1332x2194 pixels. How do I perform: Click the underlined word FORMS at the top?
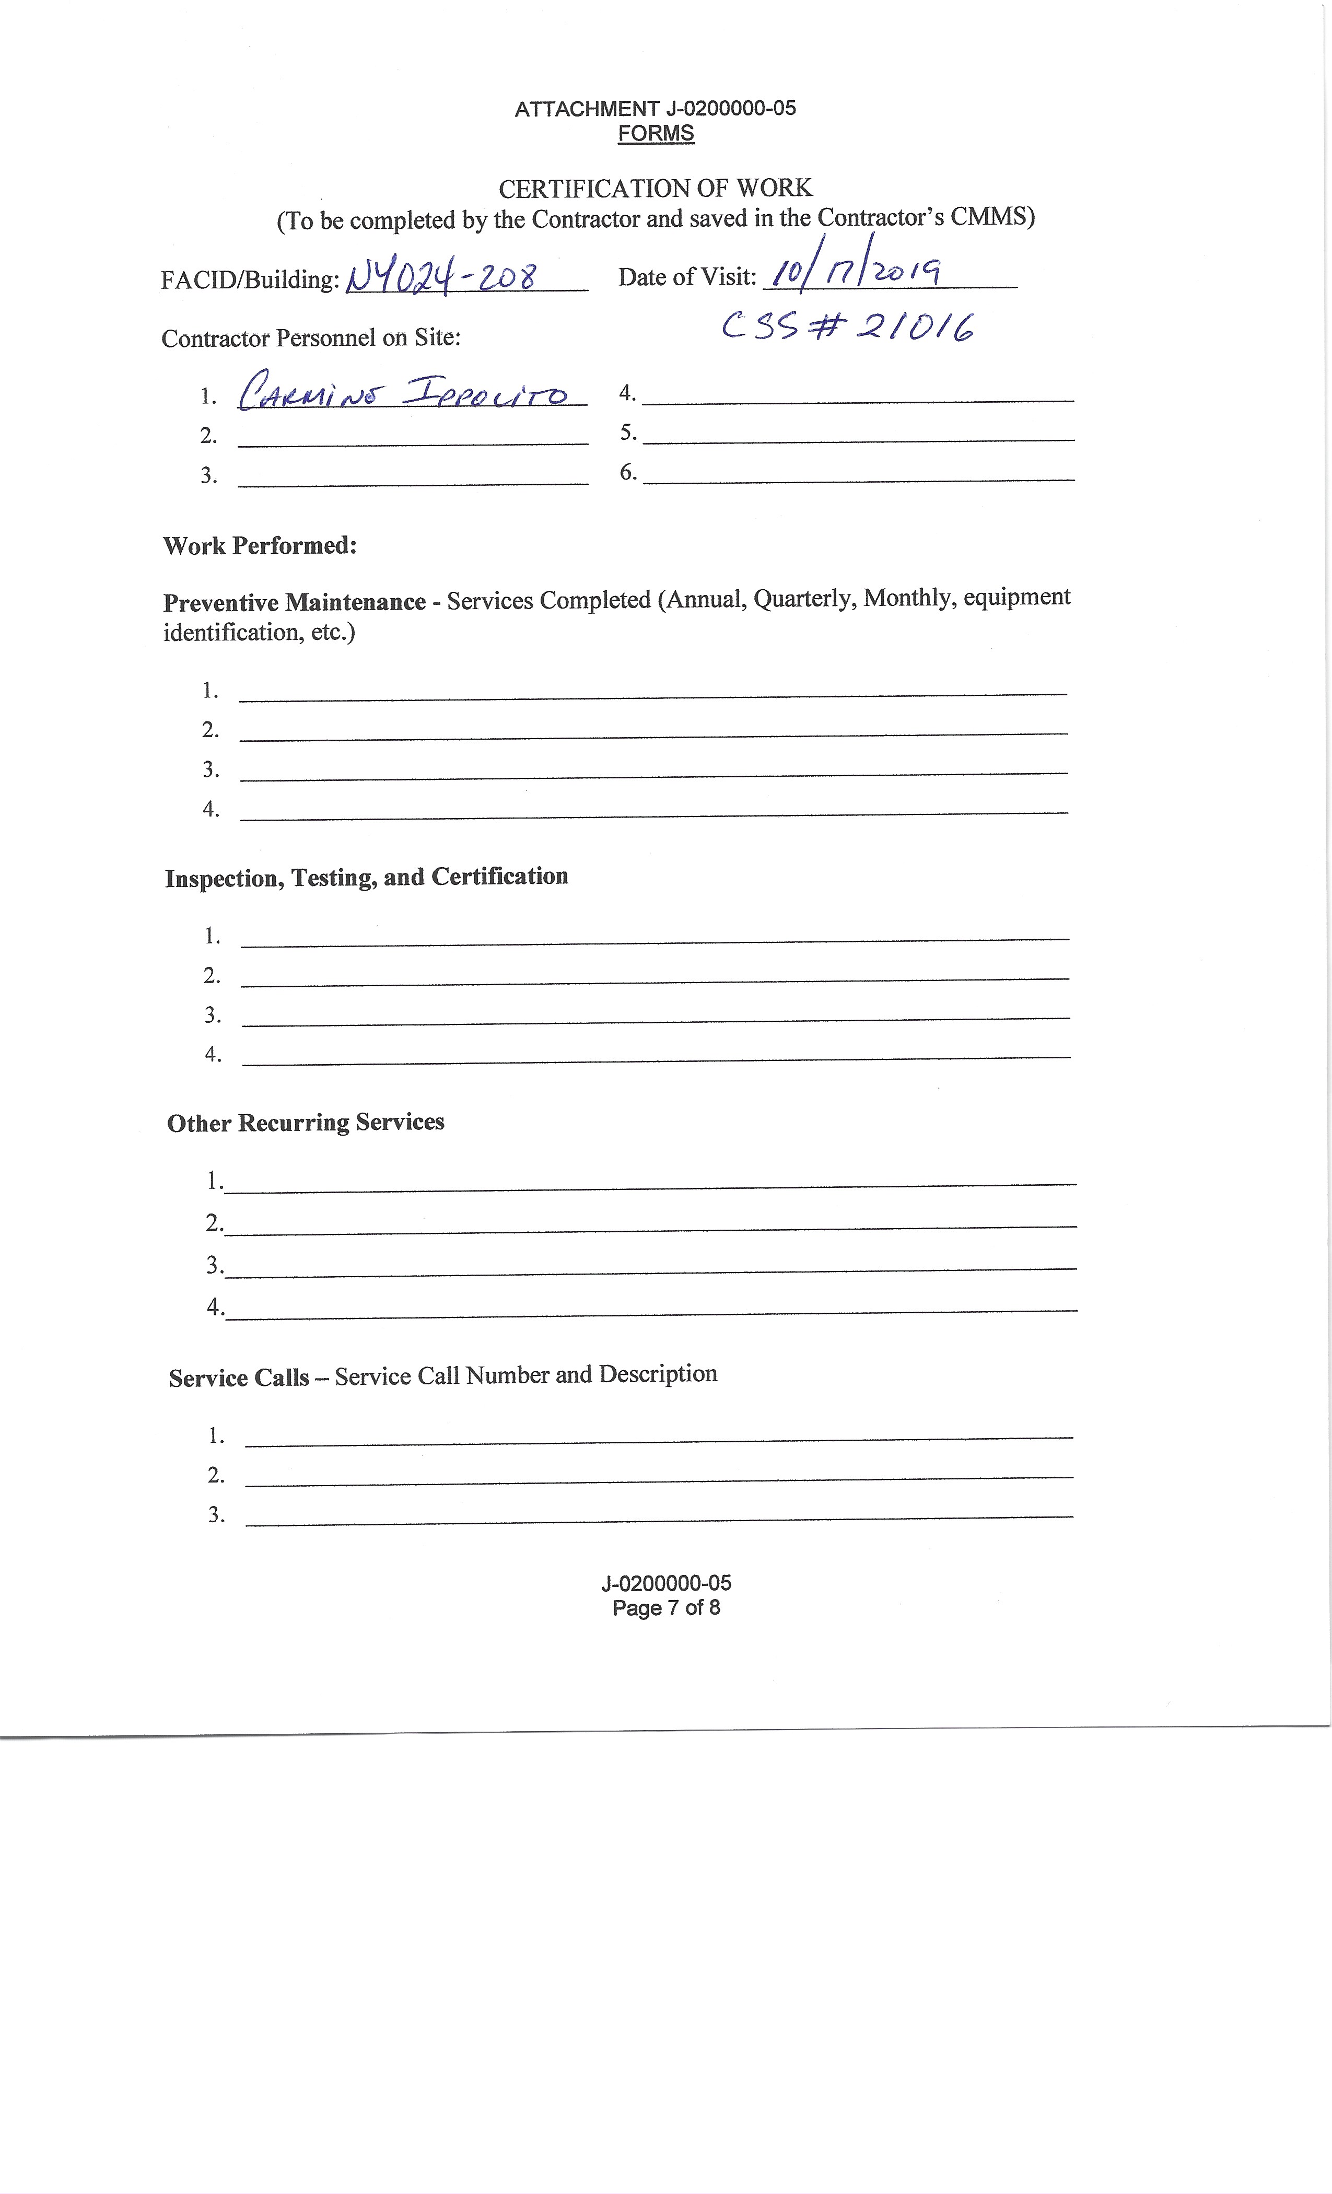tap(656, 134)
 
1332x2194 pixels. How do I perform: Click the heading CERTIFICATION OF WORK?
tap(656, 188)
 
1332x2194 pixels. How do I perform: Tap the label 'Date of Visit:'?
tap(686, 277)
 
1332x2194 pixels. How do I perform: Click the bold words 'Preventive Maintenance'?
tap(294, 603)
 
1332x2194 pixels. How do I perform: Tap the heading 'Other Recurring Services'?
tap(306, 1122)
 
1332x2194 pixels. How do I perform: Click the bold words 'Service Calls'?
tap(239, 1378)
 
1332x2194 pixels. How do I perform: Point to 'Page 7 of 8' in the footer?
tap(666, 1607)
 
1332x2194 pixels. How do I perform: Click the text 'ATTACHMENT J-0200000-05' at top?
tap(656, 109)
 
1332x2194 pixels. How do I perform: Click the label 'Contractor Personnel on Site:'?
tap(311, 337)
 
